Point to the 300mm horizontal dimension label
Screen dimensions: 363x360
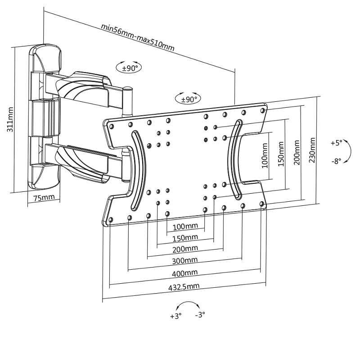(185, 260)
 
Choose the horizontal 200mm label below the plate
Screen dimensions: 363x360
(185, 249)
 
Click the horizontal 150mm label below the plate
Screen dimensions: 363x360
(185, 237)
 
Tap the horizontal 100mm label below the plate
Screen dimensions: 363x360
(185, 226)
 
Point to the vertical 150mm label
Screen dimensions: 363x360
(281, 154)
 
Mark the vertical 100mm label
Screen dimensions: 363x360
(265, 156)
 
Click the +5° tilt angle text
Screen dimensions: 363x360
(336, 143)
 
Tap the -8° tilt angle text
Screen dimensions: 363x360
(336, 160)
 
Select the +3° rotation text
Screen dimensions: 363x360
(175, 316)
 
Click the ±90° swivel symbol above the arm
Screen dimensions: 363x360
(129, 68)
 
